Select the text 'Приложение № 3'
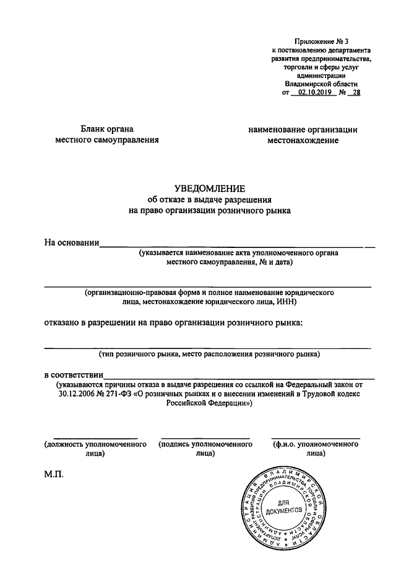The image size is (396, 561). coord(321,40)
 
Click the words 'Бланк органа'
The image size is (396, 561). coord(107,129)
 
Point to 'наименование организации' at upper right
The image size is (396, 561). coord(303,130)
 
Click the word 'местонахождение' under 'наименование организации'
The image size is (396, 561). coord(303,141)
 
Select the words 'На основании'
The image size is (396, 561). coord(71,243)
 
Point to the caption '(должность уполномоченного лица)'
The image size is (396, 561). coord(95,449)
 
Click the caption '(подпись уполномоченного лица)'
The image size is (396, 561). coord(205,449)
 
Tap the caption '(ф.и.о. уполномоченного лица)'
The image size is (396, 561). coord(316,449)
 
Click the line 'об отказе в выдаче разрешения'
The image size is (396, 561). coord(209,200)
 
